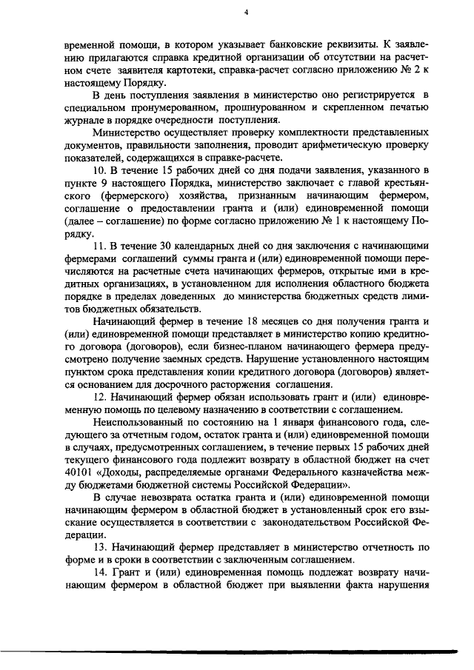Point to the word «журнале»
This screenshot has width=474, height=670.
(85, 121)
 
